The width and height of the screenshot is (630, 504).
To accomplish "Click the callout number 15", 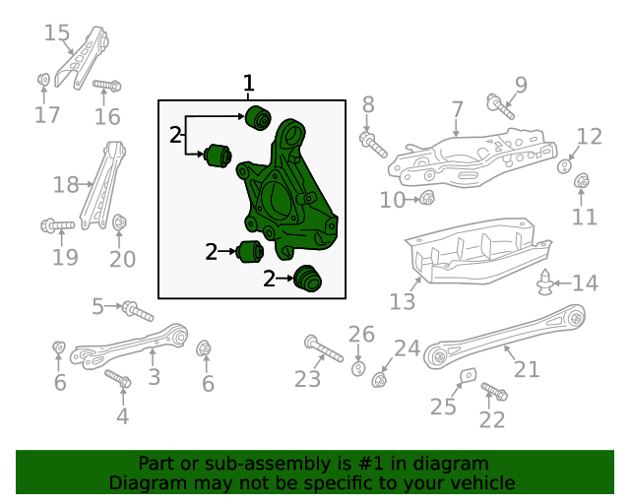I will pos(57,33).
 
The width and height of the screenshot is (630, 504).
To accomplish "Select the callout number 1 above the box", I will pos(249,83).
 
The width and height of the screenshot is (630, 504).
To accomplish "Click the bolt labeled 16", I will pos(107,87).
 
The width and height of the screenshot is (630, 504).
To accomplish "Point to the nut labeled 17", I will pos(43,79).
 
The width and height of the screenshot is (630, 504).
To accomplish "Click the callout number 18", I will pos(65,184).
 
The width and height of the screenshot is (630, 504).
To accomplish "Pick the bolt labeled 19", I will pos(58,226).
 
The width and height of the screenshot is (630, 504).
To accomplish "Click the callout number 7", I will pos(457,108).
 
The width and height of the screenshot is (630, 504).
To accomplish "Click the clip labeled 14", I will pos(546,284).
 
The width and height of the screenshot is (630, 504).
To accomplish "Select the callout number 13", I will pos(403,299).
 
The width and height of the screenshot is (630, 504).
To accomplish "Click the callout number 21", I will pos(527,369).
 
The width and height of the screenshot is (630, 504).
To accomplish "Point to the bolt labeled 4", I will pos(117,378).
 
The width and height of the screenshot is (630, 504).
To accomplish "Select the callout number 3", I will pos(154,376).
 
